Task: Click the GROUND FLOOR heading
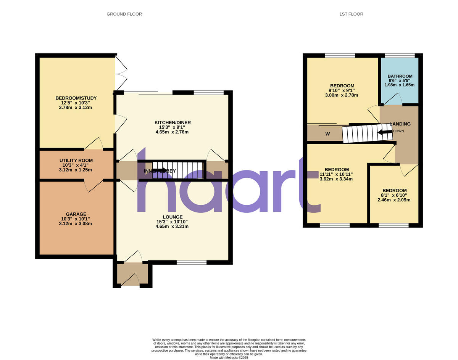[124, 14]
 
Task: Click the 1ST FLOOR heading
[351, 14]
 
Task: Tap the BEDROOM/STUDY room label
[76, 98]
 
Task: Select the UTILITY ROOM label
[76, 161]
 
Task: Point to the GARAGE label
[76, 214]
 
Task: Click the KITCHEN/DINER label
[172, 122]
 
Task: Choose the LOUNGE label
[172, 217]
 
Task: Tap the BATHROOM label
[400, 76]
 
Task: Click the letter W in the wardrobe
[327, 134]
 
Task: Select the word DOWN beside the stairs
[398, 131]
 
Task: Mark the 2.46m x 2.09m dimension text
[395, 200]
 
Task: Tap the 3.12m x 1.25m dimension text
[76, 170]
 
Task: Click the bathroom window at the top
[400, 56]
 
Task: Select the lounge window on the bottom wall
[192, 262]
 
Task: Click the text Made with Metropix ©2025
[229, 358]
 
